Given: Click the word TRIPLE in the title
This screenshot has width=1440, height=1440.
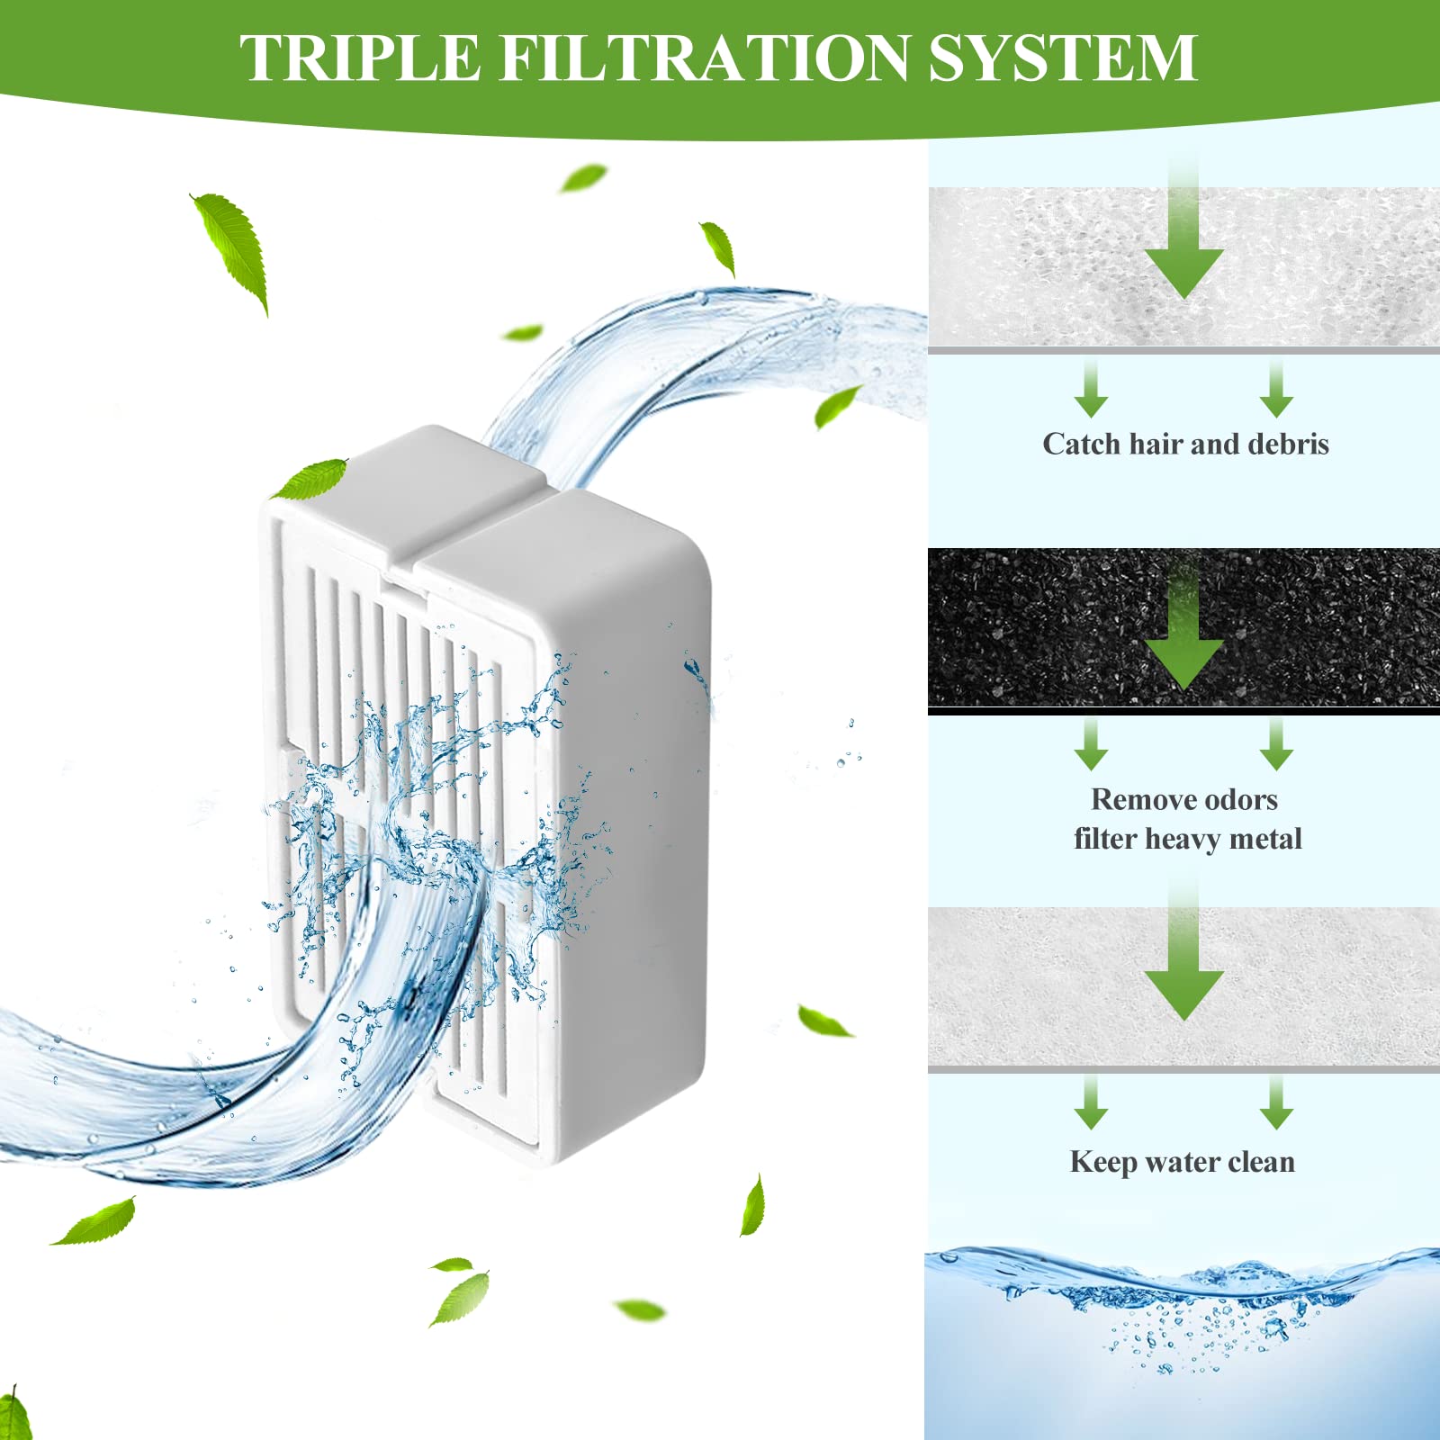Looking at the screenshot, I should (360, 58).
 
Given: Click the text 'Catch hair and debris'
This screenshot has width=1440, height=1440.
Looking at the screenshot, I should (1185, 445).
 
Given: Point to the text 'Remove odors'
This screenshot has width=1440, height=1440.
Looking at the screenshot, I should (1184, 799).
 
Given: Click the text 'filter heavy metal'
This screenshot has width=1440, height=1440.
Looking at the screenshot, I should (1187, 839).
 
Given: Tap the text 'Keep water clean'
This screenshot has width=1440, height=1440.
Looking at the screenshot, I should (1182, 1162).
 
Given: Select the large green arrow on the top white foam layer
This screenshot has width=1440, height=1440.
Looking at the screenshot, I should (1183, 252).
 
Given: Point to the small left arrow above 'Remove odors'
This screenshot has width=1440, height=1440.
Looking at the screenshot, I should (1091, 747).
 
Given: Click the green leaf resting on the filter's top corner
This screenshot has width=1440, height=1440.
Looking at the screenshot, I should (310, 479).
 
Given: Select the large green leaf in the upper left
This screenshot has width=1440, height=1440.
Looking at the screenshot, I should (232, 247).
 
